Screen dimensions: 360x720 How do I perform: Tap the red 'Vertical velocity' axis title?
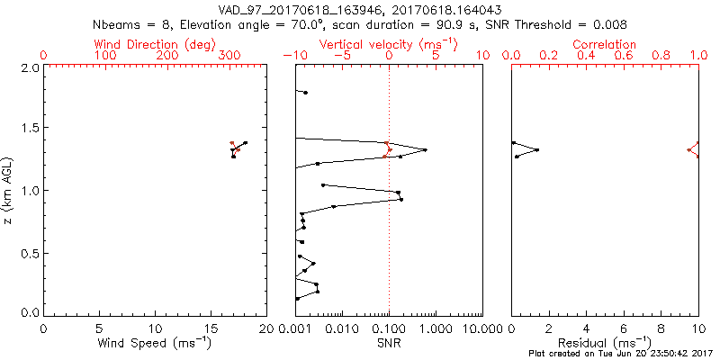coord(389,44)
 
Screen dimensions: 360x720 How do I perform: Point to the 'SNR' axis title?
coord(389,342)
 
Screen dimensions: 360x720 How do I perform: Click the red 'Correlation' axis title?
coord(605,44)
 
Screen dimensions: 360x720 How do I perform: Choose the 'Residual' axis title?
coord(605,342)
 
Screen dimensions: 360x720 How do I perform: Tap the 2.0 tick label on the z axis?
coord(31,67)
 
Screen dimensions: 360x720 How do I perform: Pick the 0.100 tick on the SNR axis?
coord(389,328)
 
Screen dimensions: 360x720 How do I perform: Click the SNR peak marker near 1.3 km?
coord(425,149)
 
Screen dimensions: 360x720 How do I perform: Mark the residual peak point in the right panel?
coord(537,149)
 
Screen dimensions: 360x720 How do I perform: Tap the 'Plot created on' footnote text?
coord(621,354)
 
